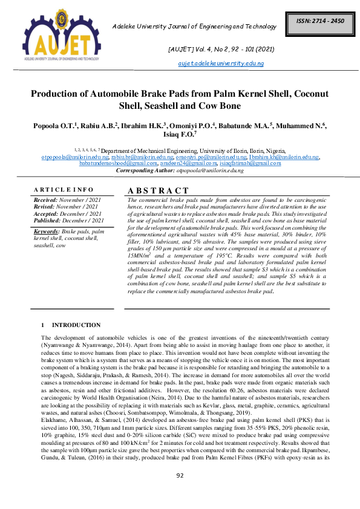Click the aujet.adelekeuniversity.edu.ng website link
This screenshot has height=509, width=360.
[221, 63]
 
